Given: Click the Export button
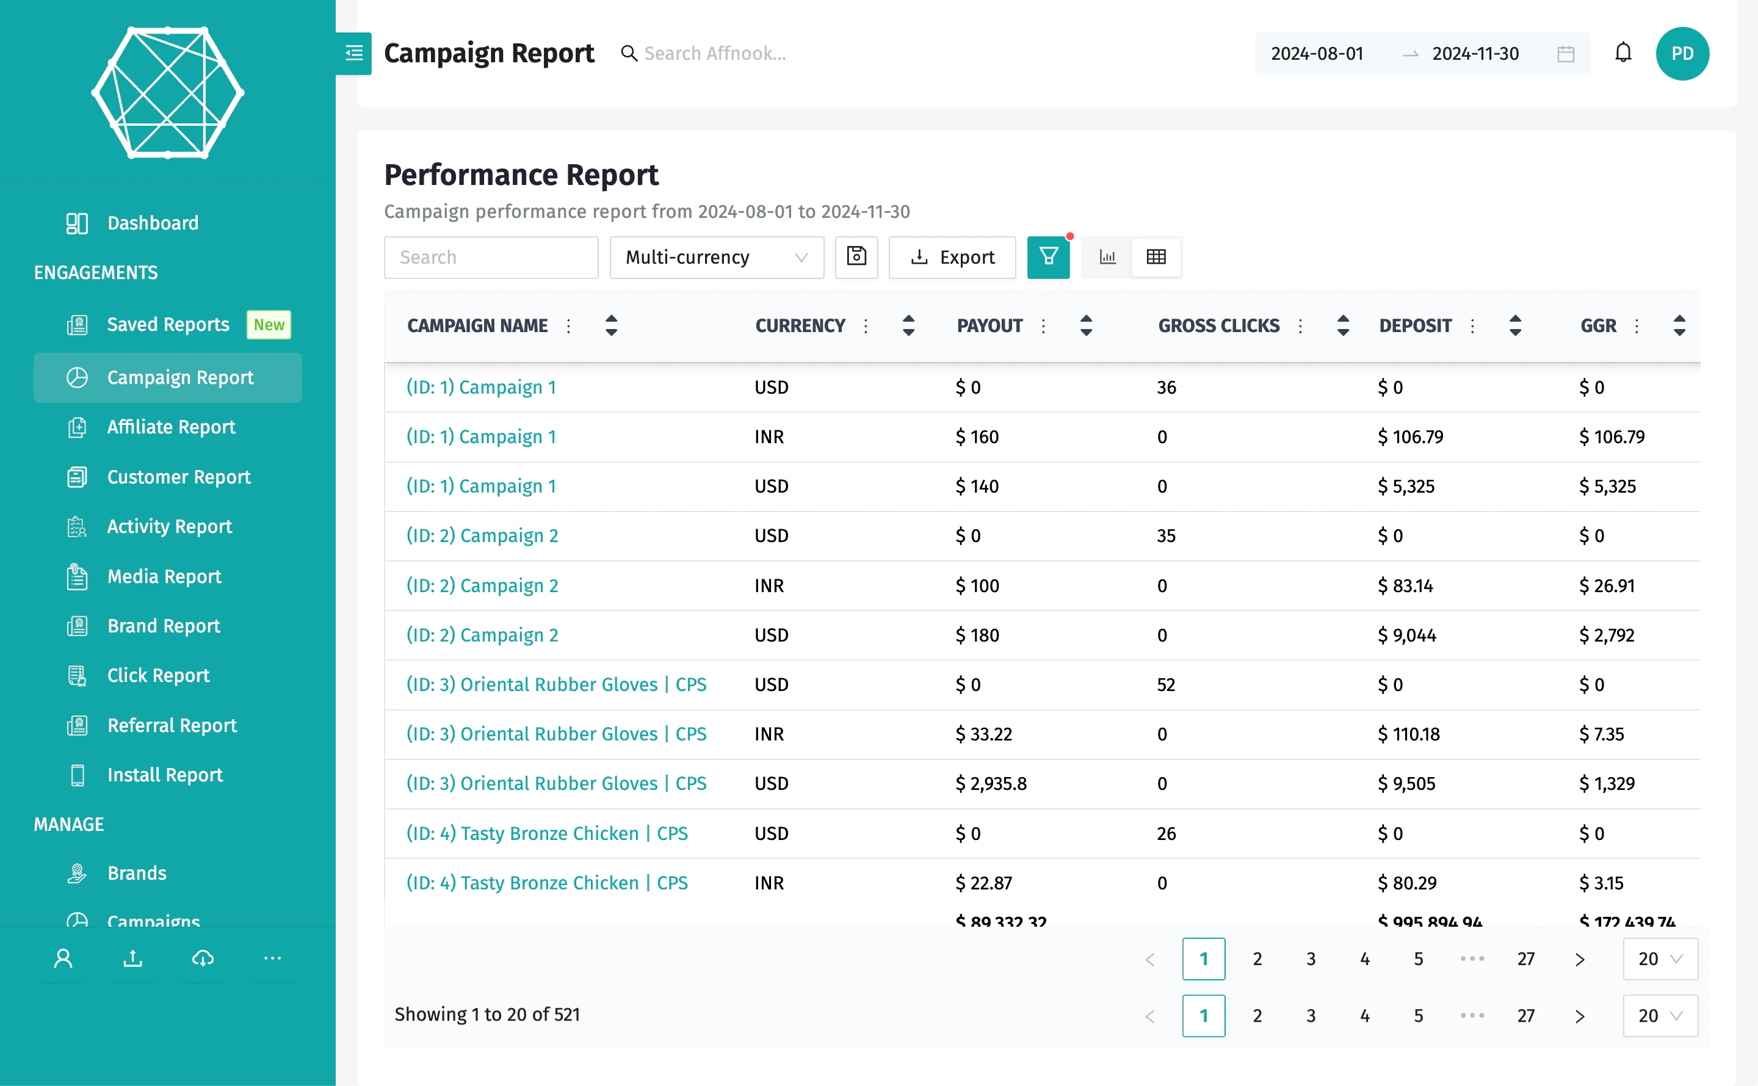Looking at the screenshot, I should tap(952, 257).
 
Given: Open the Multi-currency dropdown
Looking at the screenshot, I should tap(716, 257).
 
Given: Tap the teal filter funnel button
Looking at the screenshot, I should tap(1047, 257).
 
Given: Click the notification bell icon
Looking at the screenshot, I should tap(1623, 53).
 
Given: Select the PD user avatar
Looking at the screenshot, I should tap(1682, 54).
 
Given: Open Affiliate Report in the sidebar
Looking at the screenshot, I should tap(171, 427).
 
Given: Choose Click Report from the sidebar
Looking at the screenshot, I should tap(158, 676).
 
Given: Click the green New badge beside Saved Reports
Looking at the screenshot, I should tap(269, 325).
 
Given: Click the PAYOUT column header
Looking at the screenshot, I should tap(989, 326).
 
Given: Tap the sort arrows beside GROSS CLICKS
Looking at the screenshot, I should tap(1343, 326).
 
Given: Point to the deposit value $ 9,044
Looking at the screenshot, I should tap(1406, 635).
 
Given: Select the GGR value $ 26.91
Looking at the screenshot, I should tap(1607, 586).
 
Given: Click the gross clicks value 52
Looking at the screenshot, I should tap(1165, 685).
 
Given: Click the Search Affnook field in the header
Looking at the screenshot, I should tap(715, 54).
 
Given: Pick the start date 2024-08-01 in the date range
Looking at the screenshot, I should tap(1316, 54).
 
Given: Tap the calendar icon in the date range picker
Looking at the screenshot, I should tap(1566, 54).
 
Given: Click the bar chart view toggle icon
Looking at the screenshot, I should tap(1107, 257).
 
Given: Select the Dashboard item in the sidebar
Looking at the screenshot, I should tap(152, 223).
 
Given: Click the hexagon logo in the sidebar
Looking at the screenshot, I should tap(167, 93).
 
